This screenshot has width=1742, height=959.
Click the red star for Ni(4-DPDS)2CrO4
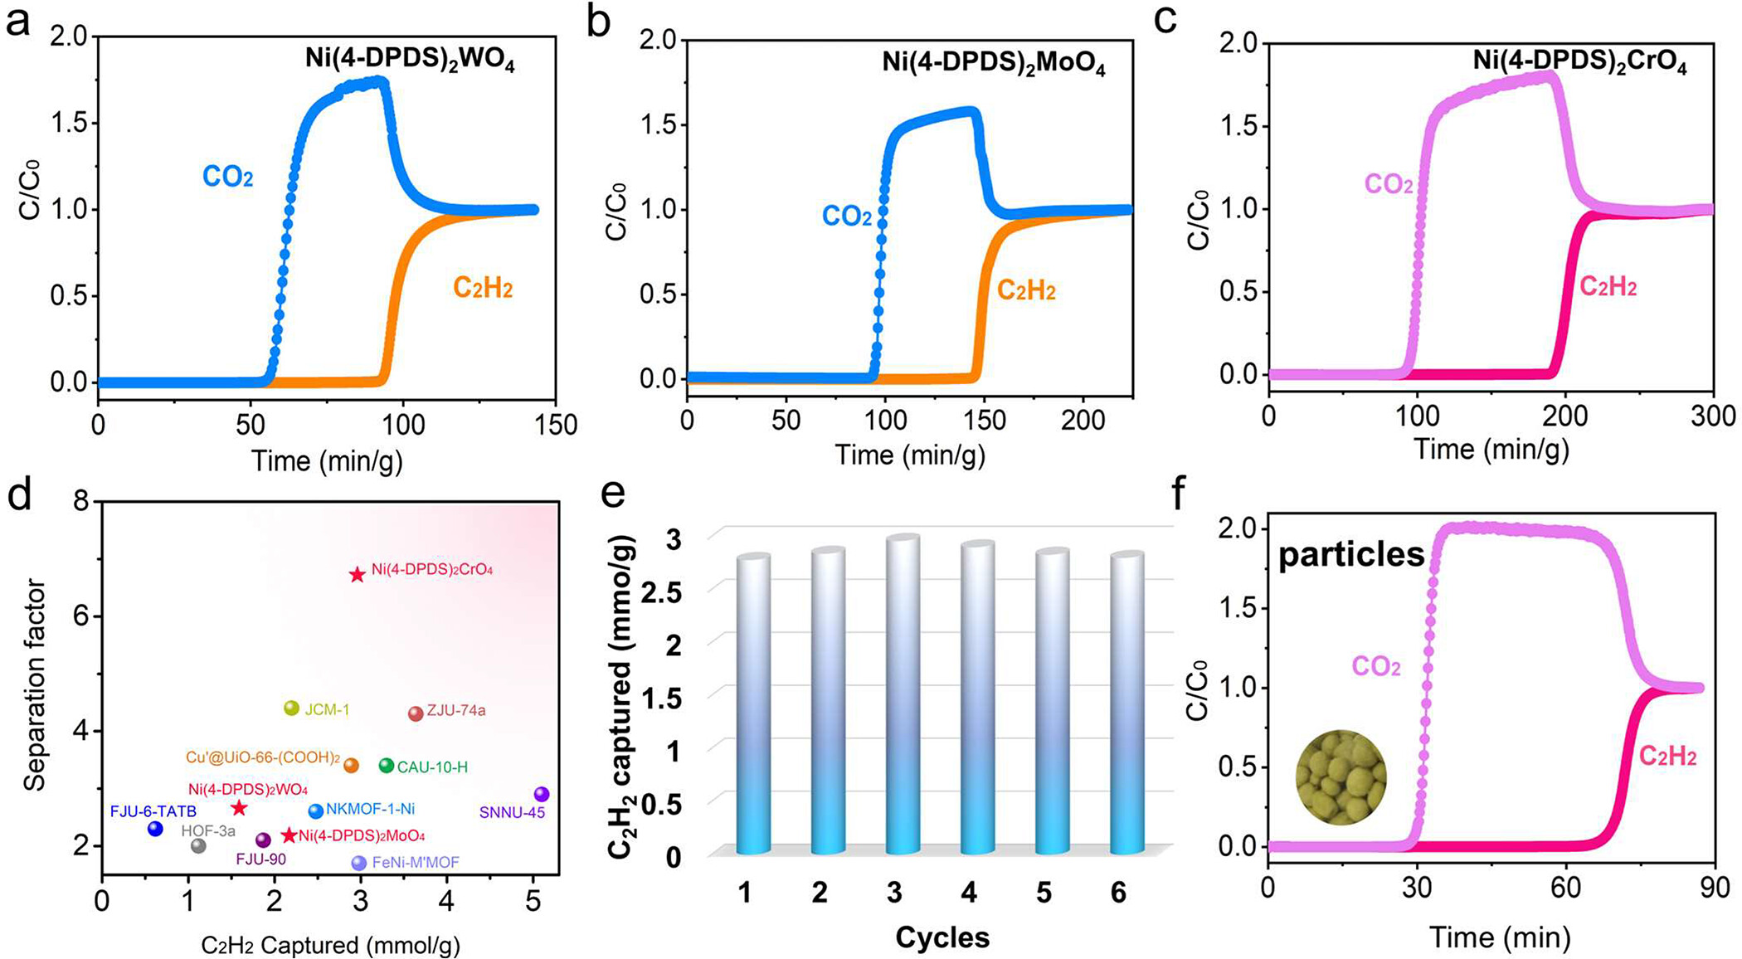pyautogui.click(x=357, y=575)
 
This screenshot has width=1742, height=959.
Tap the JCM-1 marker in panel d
pyautogui.click(x=291, y=708)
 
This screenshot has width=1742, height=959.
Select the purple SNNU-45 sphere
pyautogui.click(x=542, y=795)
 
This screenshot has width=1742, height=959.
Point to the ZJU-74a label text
pyautogui.click(x=455, y=711)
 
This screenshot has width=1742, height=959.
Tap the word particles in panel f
pyautogui.click(x=1351, y=555)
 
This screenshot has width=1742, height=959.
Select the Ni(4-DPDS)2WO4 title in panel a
pyautogui.click(x=407, y=61)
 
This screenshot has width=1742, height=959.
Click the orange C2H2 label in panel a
pyautogui.click(x=482, y=289)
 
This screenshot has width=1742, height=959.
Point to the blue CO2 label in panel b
pyautogui.click(x=846, y=217)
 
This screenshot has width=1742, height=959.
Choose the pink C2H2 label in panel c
pyautogui.click(x=1608, y=287)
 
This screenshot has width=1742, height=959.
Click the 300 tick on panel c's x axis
pyautogui.click(x=1713, y=416)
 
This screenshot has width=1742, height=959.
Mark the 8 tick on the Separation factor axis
pyautogui.click(x=83, y=503)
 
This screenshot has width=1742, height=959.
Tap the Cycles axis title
pyautogui.click(x=942, y=937)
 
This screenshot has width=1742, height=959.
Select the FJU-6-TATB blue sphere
pyautogui.click(x=155, y=828)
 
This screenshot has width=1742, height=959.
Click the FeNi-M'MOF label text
pyautogui.click(x=415, y=863)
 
